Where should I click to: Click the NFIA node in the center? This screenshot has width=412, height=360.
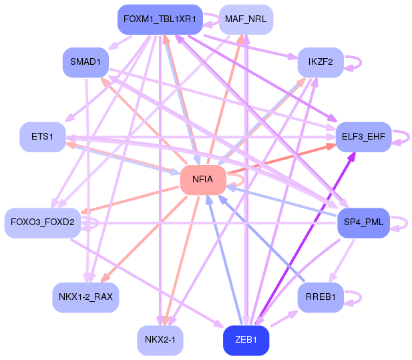point(202,180)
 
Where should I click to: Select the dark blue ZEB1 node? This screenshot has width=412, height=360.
point(245,341)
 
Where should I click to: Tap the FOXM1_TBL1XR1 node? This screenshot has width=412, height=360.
point(160,20)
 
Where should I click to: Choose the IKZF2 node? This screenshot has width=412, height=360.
point(321,62)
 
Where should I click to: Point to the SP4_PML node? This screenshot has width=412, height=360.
point(363,222)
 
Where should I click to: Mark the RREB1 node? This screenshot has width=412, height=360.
point(321,297)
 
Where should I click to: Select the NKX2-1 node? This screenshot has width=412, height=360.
point(160,341)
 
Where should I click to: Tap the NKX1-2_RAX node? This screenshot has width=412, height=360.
point(85,297)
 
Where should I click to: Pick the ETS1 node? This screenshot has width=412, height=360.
point(41,137)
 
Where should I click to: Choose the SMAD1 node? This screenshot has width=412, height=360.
point(85,62)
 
